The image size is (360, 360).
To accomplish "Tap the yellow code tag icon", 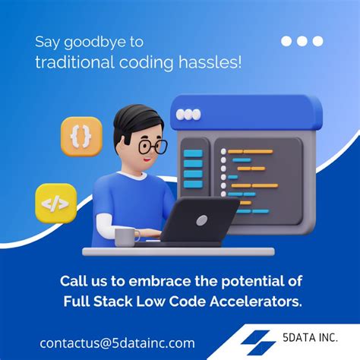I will point(56,203).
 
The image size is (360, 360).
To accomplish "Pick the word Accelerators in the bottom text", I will point(256,302).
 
